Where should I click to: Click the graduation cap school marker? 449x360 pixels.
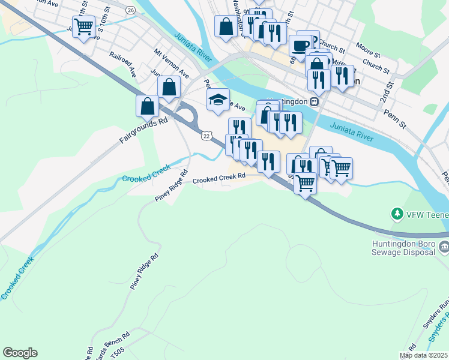pyautogui.click(x=218, y=100)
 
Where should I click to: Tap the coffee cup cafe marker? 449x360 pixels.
pyautogui.click(x=300, y=46)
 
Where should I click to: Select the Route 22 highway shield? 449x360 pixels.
pyautogui.click(x=206, y=136)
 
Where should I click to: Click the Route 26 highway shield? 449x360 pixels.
pyautogui.click(x=131, y=10)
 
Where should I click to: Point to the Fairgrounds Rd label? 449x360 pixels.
pyautogui.click(x=142, y=130)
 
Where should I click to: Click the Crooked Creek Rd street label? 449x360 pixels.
pyautogui.click(x=219, y=178)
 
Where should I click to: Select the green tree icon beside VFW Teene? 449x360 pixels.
pyautogui.click(x=396, y=213)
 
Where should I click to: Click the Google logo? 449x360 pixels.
pyautogui.click(x=20, y=353)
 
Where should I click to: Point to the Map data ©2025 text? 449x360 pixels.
pyautogui.click(x=423, y=355)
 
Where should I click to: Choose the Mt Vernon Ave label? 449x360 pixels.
pyautogui.click(x=171, y=63)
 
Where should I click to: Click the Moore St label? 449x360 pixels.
pyautogui.click(x=367, y=46)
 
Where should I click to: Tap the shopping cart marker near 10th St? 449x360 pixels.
pyautogui.click(x=84, y=26)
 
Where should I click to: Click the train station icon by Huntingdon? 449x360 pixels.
pyautogui.click(x=314, y=101)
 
